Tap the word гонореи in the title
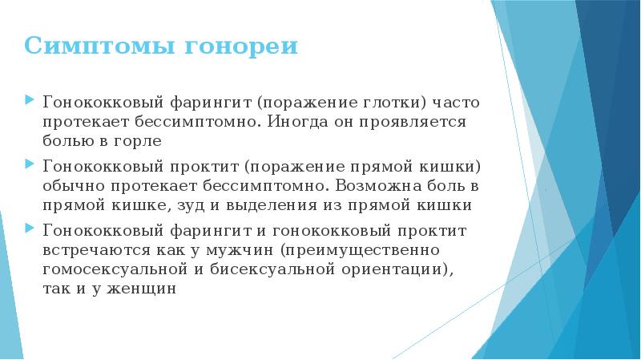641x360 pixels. [x=242, y=47]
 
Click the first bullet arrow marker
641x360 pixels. [x=29, y=99]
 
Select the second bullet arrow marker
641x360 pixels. [x=29, y=164]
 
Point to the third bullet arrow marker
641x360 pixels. [x=29, y=228]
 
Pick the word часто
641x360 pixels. [x=456, y=103]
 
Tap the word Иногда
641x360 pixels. [x=297, y=122]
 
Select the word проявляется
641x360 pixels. [x=413, y=122]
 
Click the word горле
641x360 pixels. [x=138, y=142]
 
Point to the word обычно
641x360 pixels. [x=74, y=186]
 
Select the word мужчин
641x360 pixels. [x=240, y=250]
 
